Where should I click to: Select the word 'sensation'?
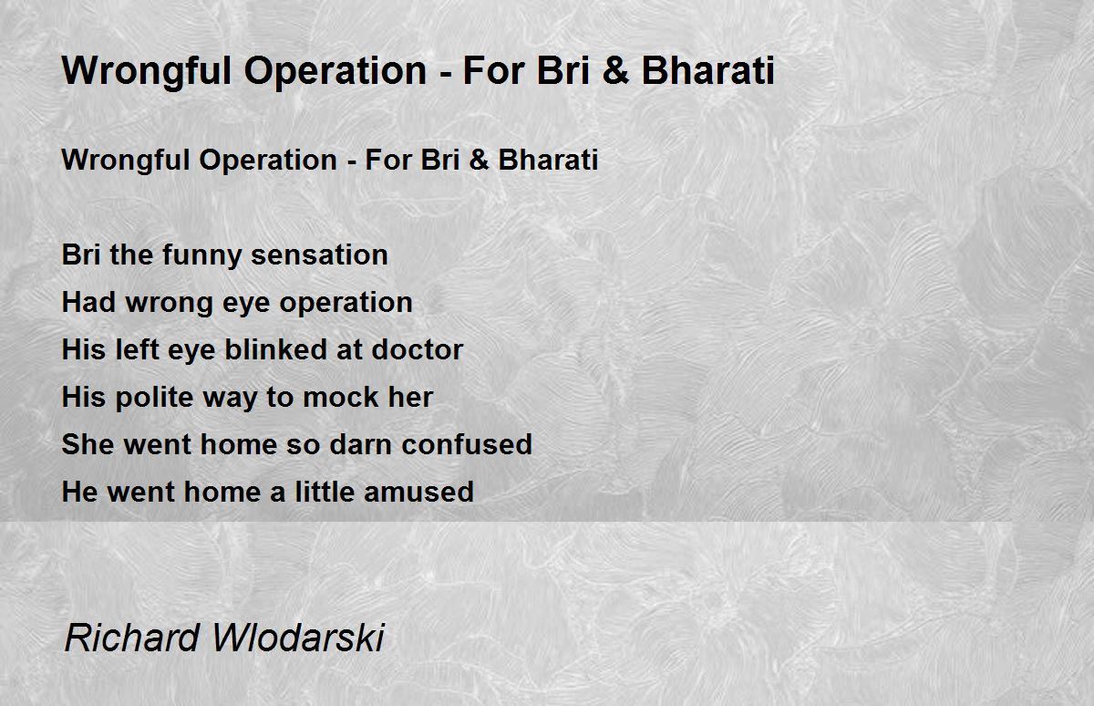319,255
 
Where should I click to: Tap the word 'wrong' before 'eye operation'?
170,304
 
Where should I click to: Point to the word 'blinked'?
276,350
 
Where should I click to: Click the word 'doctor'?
418,350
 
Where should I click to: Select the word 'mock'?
341,397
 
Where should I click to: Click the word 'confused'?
467,444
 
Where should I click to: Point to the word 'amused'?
419,493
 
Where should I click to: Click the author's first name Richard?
132,639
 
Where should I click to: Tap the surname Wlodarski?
298,639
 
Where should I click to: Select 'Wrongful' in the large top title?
147,72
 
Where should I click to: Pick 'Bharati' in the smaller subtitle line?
548,160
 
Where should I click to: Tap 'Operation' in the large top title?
335,72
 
